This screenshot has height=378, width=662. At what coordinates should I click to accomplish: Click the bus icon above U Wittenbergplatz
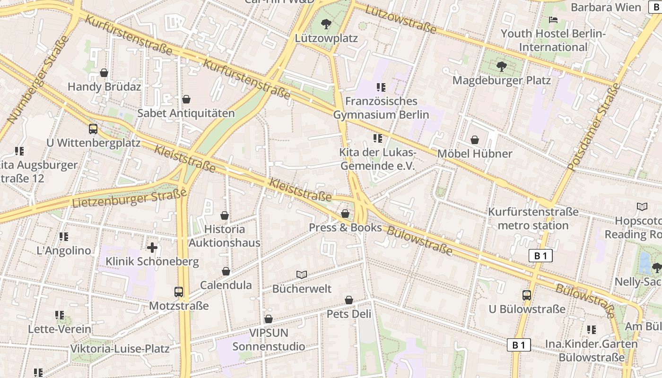pyautogui.click(x=93, y=129)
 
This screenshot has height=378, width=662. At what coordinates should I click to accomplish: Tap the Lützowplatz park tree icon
pyautogui.click(x=326, y=24)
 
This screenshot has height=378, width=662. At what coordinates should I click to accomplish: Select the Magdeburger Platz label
pyautogui.click(x=502, y=80)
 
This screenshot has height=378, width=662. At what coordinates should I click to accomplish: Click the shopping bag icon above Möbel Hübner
pyautogui.click(x=474, y=140)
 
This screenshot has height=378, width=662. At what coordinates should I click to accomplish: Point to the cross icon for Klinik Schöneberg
pyautogui.click(x=152, y=247)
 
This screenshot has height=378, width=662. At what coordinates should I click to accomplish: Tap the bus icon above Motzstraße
pyautogui.click(x=178, y=292)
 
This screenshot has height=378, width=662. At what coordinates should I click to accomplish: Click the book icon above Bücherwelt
pyautogui.click(x=302, y=275)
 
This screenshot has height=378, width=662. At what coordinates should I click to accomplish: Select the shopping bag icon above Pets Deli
pyautogui.click(x=348, y=300)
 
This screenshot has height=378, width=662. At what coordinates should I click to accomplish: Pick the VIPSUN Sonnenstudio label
pyautogui.click(x=269, y=340)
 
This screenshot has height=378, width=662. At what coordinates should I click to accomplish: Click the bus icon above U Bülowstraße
pyautogui.click(x=526, y=295)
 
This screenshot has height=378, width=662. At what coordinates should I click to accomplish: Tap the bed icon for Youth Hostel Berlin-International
pyautogui.click(x=553, y=20)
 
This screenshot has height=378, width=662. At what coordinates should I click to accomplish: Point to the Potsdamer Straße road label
pyautogui.click(x=593, y=127)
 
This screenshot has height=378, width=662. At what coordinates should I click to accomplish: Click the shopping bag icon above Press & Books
pyautogui.click(x=345, y=214)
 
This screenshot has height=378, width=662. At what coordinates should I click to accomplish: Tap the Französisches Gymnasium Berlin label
pyautogui.click(x=381, y=108)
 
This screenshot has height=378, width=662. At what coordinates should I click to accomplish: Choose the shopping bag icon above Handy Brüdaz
pyautogui.click(x=104, y=73)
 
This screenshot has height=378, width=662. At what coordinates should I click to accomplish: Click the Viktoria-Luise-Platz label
pyautogui.click(x=120, y=349)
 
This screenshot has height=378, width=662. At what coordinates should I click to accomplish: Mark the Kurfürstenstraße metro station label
pyautogui.click(x=533, y=218)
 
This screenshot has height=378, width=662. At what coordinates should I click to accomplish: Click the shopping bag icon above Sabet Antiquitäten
pyautogui.click(x=186, y=99)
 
